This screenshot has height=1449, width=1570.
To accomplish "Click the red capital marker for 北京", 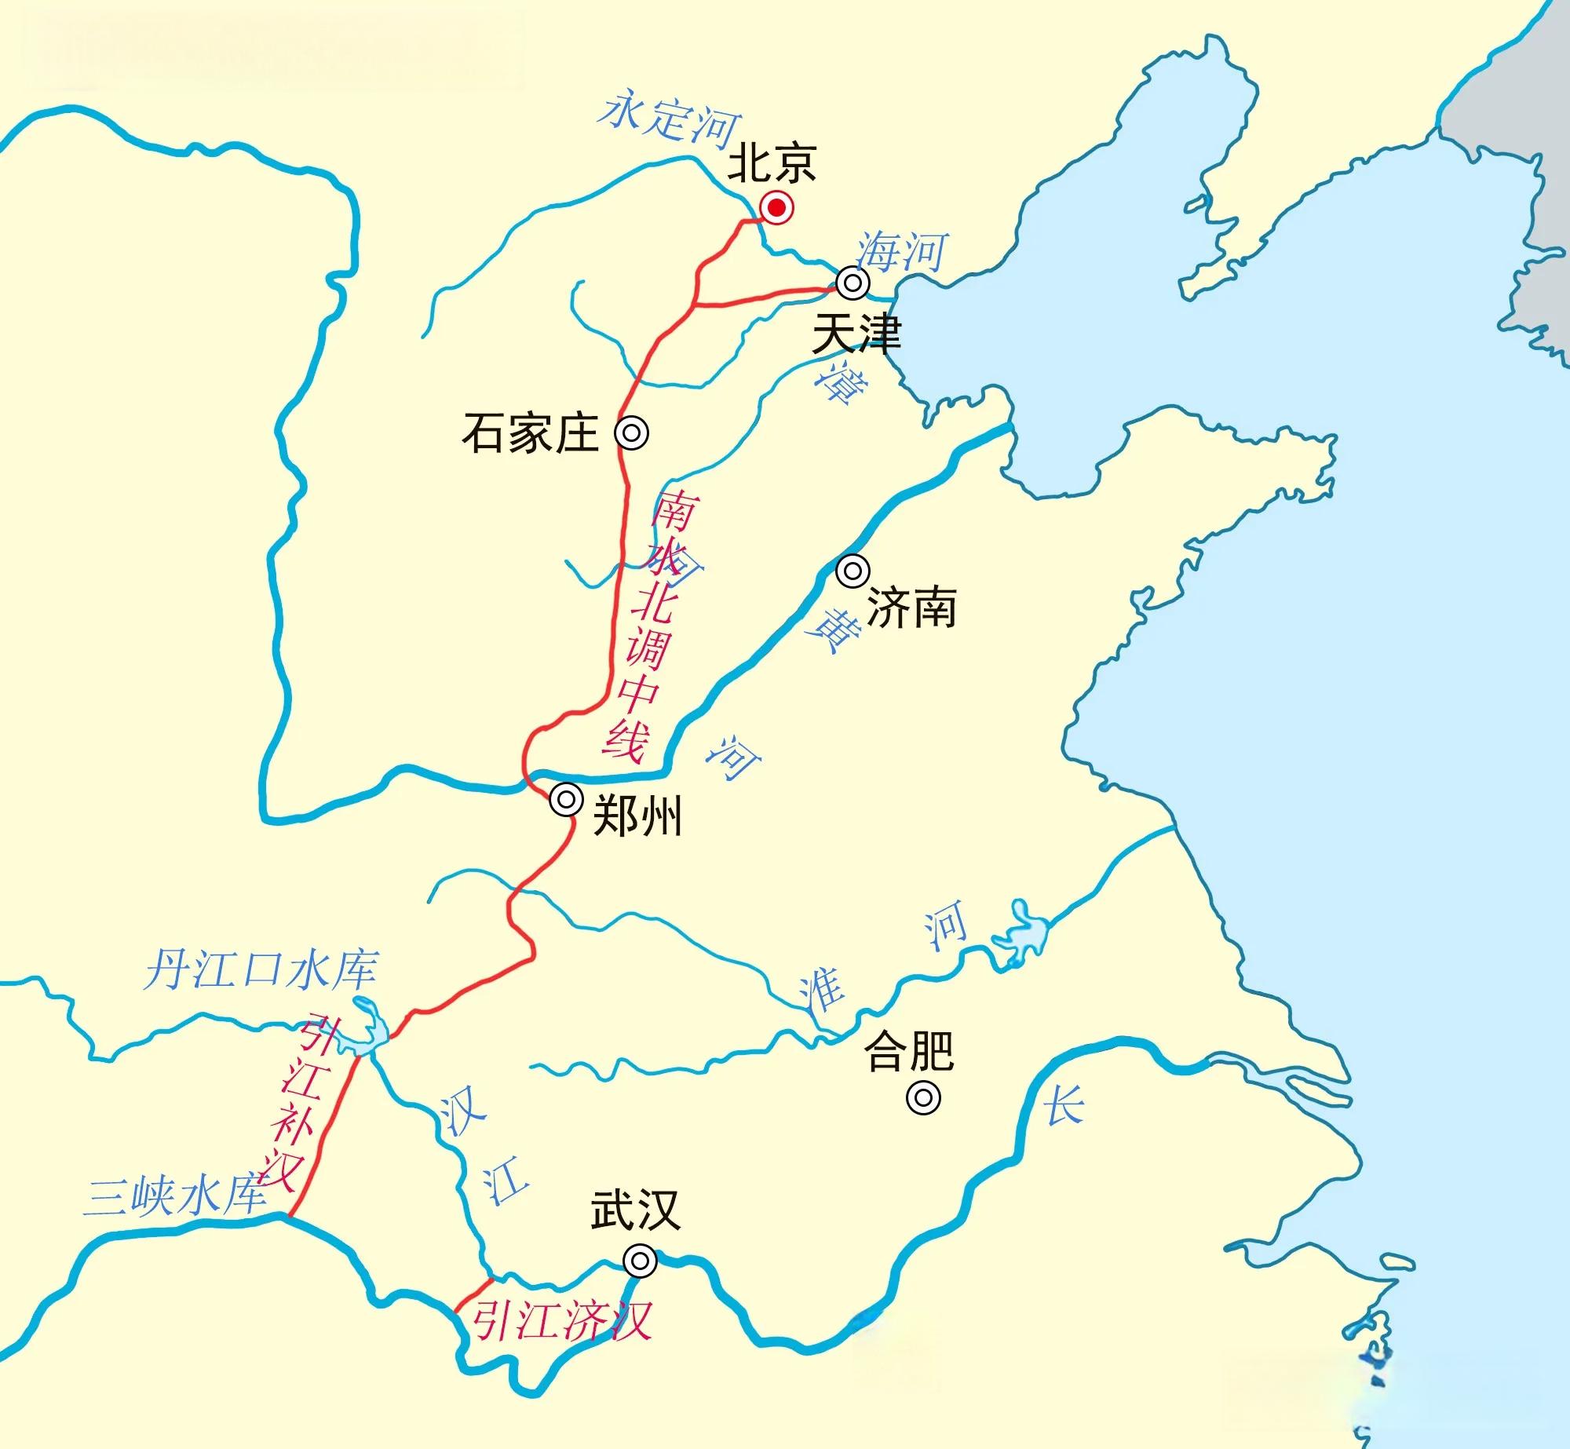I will (x=776, y=208).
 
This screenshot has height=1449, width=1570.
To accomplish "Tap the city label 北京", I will (x=772, y=163).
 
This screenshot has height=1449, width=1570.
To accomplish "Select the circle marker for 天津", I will (x=853, y=282).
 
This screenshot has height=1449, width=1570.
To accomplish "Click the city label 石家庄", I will (x=531, y=434).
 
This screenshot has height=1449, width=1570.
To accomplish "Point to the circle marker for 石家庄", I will (x=632, y=433).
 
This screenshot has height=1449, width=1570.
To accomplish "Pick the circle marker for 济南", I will (x=853, y=571).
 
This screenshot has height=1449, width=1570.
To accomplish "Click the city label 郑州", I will (x=637, y=816).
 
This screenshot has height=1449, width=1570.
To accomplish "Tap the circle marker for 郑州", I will (x=566, y=801).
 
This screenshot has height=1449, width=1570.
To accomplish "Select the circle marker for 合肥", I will (x=923, y=1097).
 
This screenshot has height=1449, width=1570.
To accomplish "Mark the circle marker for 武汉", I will (x=641, y=1261).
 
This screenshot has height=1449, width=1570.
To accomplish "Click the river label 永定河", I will (x=669, y=120).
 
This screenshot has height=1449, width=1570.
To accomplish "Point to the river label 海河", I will (x=902, y=252).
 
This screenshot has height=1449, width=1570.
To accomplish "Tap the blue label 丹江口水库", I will (x=261, y=970).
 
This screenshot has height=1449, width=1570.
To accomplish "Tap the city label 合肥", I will (x=909, y=1051).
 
